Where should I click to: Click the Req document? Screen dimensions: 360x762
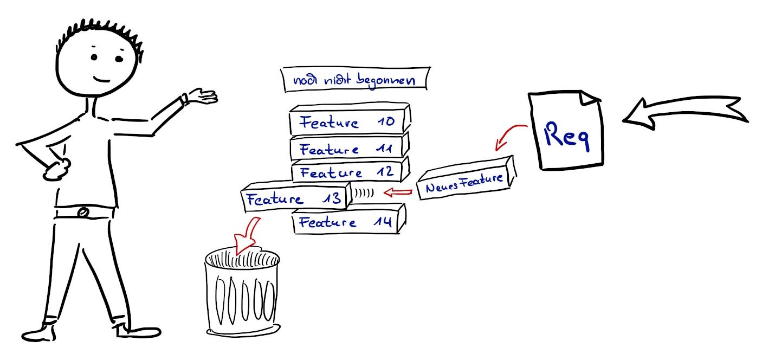coord(566,133)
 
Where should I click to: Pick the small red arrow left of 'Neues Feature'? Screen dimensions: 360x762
coord(398,192)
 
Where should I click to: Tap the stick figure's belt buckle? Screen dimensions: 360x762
coord(83,212)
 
